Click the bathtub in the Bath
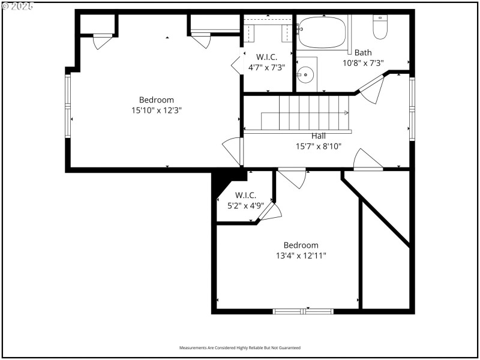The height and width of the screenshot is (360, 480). coord(322,32)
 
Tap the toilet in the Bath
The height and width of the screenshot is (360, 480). coord(380,26)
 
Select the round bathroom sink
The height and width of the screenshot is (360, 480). coord(306,76)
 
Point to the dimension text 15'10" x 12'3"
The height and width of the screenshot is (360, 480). coord(157,110)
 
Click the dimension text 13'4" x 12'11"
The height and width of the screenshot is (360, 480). coord(301,256)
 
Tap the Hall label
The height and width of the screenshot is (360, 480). coord(319,136)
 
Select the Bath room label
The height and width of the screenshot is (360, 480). coord(363,52)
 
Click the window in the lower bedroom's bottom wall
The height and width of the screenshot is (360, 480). coord(303,311)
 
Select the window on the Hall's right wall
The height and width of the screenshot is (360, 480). coord(412,109)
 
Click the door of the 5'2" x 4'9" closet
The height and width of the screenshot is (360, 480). coord(269,212)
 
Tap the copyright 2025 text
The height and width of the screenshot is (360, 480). coord(18,5)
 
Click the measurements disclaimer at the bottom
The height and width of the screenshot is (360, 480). coord(240,348)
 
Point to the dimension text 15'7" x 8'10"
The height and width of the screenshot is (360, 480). coord(319,146)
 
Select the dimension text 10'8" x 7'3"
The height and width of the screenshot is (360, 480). coord(363,62)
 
